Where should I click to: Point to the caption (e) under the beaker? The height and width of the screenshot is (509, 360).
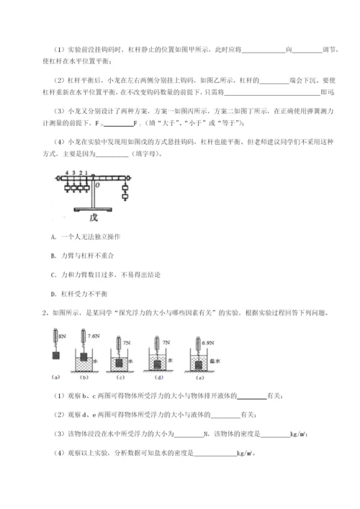203,377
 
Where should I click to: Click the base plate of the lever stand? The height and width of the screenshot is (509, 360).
93,207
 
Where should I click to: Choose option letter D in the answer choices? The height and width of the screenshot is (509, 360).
55,293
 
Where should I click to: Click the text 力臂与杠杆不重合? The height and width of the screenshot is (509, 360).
87,256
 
